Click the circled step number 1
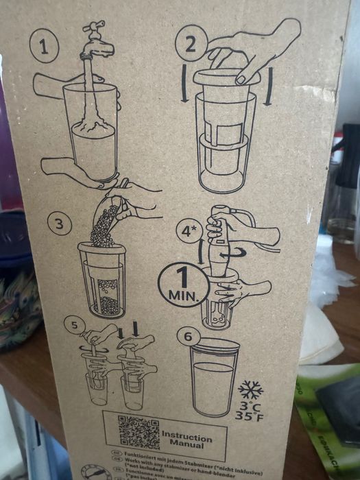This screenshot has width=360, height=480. [x=44, y=47]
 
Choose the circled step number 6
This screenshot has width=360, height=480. [x=189, y=336]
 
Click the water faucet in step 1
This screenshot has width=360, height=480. [x=95, y=41]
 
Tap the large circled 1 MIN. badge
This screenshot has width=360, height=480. [x=182, y=285]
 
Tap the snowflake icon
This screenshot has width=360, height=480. [x=250, y=390]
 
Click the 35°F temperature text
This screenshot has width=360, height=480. [x=248, y=416]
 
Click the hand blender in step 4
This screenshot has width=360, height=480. [x=219, y=247]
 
